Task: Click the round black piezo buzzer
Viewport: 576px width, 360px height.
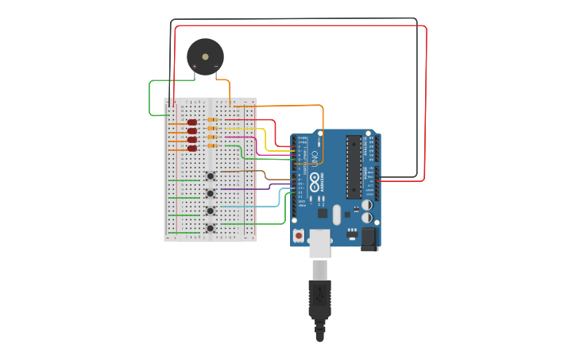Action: (205, 56)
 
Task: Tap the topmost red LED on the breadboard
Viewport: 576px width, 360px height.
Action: (192, 122)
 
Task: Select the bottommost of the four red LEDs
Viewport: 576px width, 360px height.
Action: (192, 149)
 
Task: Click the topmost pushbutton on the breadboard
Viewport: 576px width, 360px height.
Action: (211, 176)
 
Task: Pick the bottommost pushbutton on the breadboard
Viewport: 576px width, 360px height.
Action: (211, 228)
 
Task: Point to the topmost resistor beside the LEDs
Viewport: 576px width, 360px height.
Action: (212, 119)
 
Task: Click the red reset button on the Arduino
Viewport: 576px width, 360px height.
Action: (299, 235)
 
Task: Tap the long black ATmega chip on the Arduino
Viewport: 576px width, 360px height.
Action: (354, 167)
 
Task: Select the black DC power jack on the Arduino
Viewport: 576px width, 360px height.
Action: (369, 238)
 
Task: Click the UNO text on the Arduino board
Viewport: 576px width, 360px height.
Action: (314, 156)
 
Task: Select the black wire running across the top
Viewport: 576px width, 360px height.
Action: (294, 19)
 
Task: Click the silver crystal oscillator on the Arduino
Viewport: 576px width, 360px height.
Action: (337, 215)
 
